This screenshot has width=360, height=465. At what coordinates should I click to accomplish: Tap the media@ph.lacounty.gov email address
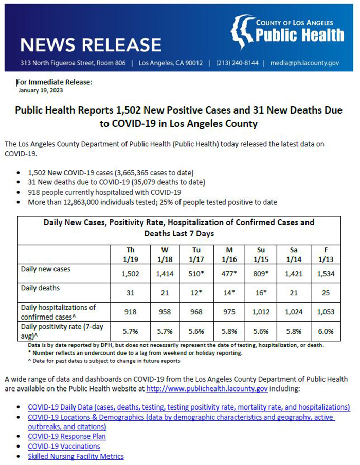click(x=304, y=63)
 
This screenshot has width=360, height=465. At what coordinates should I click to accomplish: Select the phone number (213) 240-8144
click(x=237, y=63)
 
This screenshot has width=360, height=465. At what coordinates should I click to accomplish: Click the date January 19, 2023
click(x=41, y=90)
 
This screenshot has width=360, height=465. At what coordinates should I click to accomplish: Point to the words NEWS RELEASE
click(x=91, y=45)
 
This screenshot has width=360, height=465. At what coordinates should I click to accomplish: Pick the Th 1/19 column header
click(x=131, y=254)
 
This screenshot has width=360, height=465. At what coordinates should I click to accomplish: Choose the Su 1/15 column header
click(x=261, y=254)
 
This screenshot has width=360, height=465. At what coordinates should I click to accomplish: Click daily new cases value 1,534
click(x=326, y=274)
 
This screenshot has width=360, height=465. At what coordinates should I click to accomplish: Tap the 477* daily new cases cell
click(x=229, y=274)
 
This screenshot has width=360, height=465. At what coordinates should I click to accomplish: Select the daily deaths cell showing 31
click(x=130, y=293)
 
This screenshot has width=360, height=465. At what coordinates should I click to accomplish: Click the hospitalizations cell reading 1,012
click(x=261, y=312)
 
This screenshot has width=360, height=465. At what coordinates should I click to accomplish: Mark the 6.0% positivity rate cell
click(x=326, y=331)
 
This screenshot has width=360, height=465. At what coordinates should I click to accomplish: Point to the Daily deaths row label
click(x=40, y=288)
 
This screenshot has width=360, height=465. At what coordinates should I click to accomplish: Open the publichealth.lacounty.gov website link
click(x=207, y=388)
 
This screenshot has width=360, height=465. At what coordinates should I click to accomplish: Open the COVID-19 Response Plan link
click(x=67, y=436)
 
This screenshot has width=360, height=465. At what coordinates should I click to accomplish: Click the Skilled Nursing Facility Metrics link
click(x=76, y=456)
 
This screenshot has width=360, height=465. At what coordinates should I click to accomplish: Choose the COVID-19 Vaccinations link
click(x=64, y=447)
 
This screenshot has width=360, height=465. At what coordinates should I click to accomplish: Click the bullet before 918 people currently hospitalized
click(x=19, y=193)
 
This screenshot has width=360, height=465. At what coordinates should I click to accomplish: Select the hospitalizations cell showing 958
click(x=165, y=312)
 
